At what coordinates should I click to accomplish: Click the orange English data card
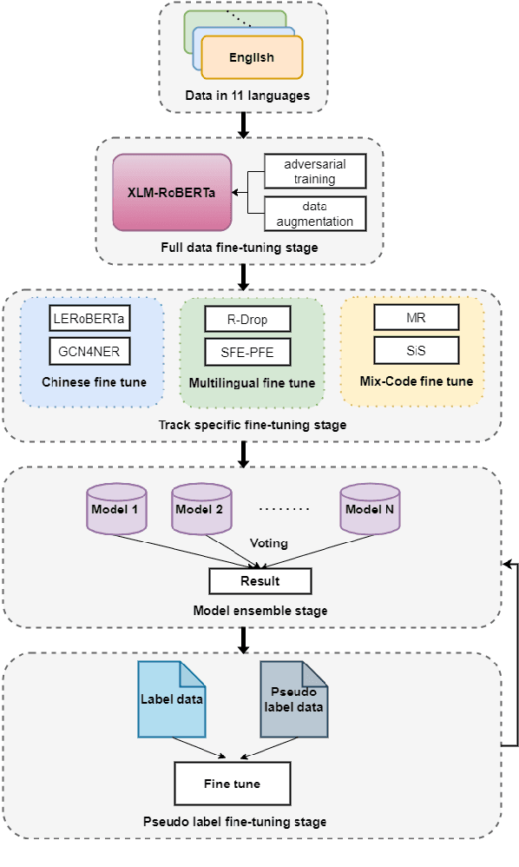tap(252, 57)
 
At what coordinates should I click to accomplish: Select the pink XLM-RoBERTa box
tap(173, 192)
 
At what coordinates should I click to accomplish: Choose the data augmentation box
tap(315, 213)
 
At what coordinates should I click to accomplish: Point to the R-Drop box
tap(246, 319)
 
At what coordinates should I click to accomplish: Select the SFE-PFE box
tap(246, 352)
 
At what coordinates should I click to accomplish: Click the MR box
tap(416, 317)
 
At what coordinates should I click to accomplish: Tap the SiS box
tap(416, 350)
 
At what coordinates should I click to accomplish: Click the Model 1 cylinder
tap(116, 508)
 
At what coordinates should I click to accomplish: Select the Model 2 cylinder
tap(200, 508)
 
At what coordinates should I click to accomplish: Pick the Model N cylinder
tap(369, 508)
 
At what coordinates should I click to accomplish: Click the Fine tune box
tap(232, 784)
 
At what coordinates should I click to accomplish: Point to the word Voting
tap(268, 543)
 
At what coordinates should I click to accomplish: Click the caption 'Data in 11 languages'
tap(248, 95)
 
